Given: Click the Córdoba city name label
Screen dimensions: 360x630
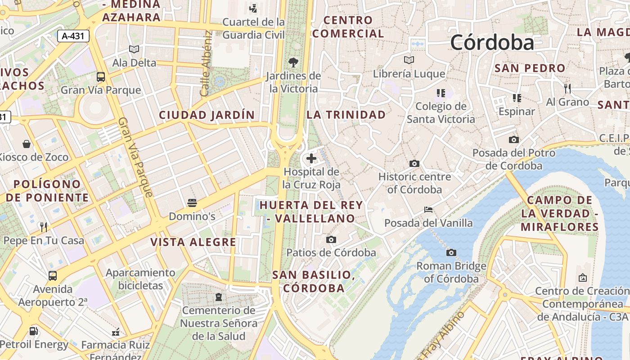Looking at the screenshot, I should tap(492, 43).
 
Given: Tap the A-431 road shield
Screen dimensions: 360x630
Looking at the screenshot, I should tap(73, 36).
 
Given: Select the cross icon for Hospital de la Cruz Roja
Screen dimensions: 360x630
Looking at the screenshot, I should tap(311, 158).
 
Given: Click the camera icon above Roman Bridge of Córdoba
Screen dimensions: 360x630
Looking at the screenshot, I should tap(451, 253).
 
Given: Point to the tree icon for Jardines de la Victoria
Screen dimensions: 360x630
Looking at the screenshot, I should tap(293, 62).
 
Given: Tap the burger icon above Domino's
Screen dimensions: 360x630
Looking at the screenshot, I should tap(192, 203).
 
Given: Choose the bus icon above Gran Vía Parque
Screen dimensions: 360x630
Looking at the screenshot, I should tap(101, 76).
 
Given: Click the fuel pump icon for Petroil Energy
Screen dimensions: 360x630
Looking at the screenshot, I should tap(34, 331).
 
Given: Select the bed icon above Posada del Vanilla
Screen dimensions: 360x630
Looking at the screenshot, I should tap(428, 210).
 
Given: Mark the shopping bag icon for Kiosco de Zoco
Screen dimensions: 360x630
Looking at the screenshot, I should tap(27, 144).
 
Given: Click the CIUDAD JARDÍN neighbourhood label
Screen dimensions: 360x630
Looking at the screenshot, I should tap(207, 115).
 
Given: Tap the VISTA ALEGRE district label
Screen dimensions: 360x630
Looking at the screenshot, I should tap(193, 242).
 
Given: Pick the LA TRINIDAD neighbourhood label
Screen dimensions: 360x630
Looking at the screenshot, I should tap(346, 115).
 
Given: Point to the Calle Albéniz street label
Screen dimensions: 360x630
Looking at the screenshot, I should tap(206, 63).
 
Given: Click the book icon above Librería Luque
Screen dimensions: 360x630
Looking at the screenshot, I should tap(409, 60).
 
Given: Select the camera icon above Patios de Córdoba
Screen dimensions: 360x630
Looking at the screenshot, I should tap(331, 239).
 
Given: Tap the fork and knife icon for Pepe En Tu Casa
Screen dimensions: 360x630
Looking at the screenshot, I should tap(44, 227).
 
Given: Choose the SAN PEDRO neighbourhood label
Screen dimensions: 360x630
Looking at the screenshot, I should tap(530, 68).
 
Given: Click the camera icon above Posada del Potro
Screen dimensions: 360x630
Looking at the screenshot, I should tap(513, 140).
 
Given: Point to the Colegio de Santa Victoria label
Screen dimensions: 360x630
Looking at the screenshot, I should tap(441, 112).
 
